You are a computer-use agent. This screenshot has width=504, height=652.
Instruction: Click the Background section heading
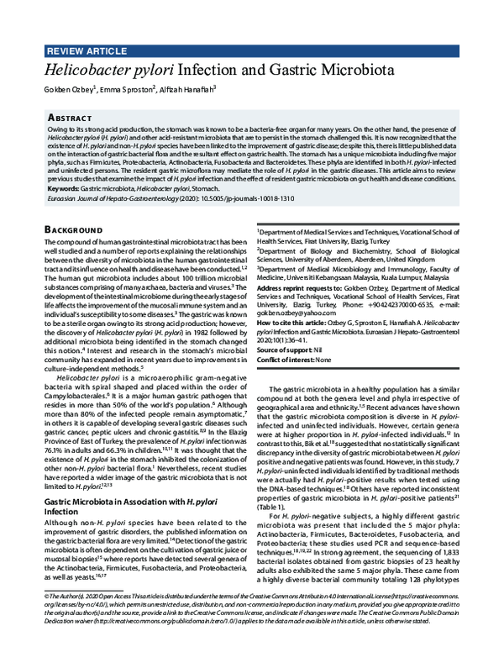[65, 228]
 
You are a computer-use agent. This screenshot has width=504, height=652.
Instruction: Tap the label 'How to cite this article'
[295, 322]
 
